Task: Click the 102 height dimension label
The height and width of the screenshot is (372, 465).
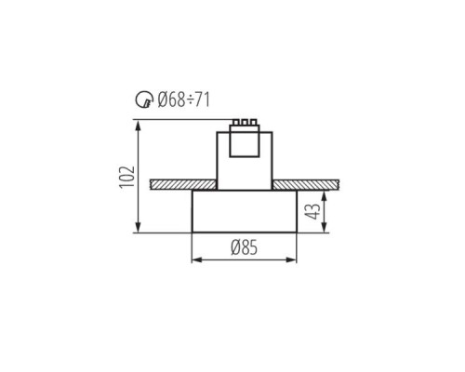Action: click(x=127, y=177)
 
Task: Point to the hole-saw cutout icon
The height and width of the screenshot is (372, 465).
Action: click(x=142, y=100)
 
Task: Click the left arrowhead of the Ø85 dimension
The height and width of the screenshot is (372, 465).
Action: click(x=194, y=259)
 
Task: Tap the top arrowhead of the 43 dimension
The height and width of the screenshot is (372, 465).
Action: click(x=324, y=192)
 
